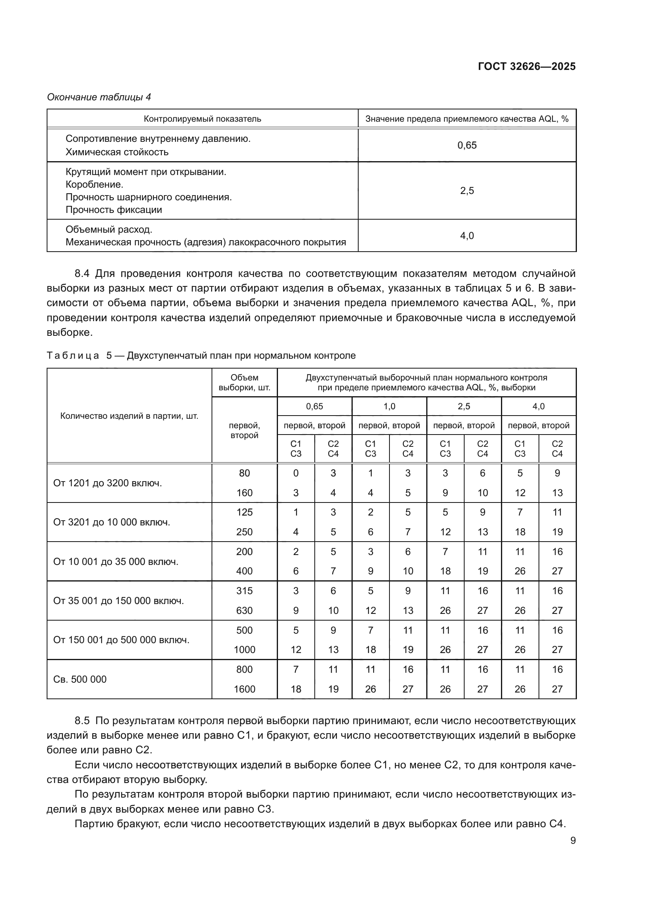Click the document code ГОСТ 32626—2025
click(526, 66)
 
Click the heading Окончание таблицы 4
click(99, 97)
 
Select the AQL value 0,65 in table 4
click(467, 145)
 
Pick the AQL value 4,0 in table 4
click(467, 236)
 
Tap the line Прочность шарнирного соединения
click(149, 197)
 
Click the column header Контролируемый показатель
click(202, 119)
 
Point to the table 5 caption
click(201, 356)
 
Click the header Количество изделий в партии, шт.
click(129, 416)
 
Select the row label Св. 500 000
click(80, 679)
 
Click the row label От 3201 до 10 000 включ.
click(112, 522)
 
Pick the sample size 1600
click(244, 689)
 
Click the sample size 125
click(244, 512)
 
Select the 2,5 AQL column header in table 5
click(463, 406)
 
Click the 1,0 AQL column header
click(389, 406)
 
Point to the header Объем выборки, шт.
click(244, 382)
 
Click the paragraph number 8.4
click(82, 274)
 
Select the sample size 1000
click(244, 649)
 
